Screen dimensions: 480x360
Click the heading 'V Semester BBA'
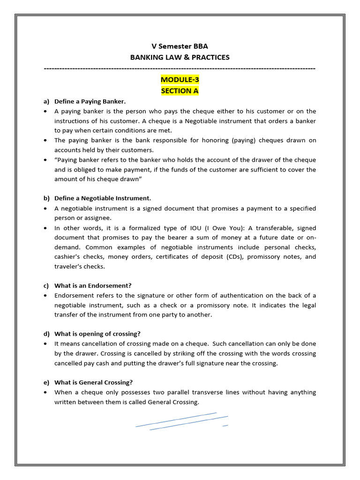[x=180, y=46]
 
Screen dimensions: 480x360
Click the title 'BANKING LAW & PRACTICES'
[x=180, y=57]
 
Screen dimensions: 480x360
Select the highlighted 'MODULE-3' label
[x=180, y=80]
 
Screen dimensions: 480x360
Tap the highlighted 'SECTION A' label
[x=180, y=90]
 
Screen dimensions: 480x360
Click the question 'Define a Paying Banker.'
[x=90, y=101]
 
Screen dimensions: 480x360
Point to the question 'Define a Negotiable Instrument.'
[x=103, y=198]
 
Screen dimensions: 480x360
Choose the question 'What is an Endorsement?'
[x=93, y=285]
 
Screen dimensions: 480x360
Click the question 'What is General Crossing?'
[x=94, y=382]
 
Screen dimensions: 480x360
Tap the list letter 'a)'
[x=46, y=101]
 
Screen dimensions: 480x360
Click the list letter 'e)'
[x=46, y=382]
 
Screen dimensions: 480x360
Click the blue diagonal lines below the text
[x=182, y=421]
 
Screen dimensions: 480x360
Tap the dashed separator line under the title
[x=180, y=68]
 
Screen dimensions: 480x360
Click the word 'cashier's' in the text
[x=68, y=256]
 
